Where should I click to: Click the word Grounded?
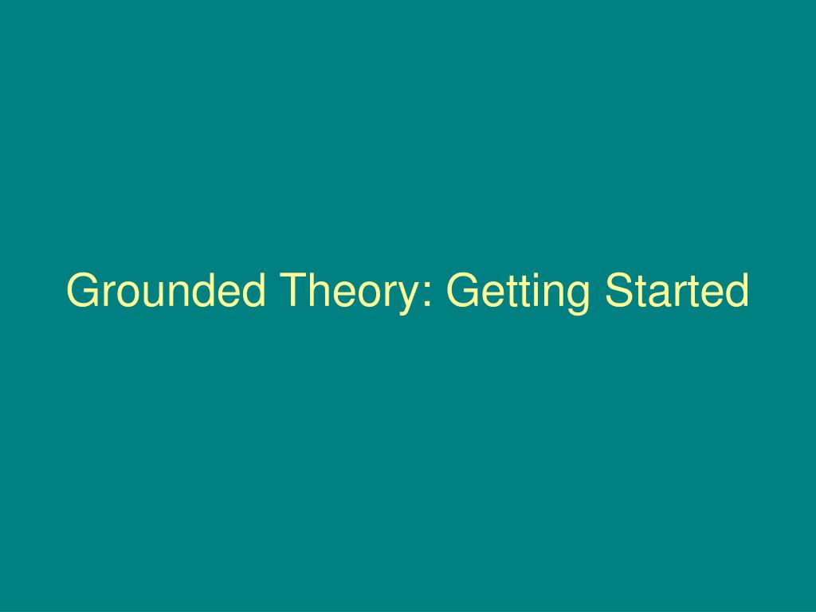point(166,291)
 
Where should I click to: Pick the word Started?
point(677,291)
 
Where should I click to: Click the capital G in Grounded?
point(82,291)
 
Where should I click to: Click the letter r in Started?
point(677,295)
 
